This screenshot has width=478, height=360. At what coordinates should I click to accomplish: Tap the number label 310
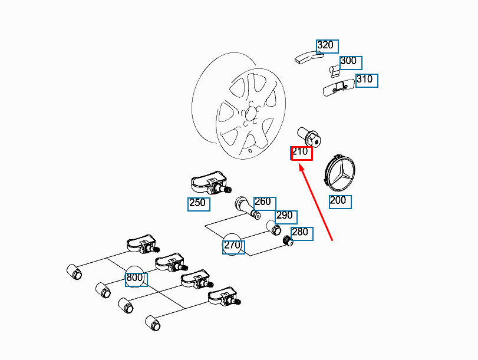(x=366, y=80)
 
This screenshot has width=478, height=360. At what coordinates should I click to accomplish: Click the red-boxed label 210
(x=301, y=153)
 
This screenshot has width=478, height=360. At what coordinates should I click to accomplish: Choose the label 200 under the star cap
(x=339, y=201)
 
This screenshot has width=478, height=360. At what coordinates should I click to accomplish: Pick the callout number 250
(x=197, y=204)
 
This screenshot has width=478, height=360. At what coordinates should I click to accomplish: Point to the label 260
(x=263, y=202)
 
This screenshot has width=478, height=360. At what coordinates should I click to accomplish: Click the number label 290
(x=286, y=216)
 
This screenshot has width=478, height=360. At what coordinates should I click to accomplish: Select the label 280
(x=301, y=233)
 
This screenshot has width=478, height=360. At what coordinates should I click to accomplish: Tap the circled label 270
(x=233, y=245)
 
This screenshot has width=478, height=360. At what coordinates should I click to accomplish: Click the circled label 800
(x=135, y=278)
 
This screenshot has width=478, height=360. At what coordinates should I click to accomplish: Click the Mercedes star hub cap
(x=340, y=173)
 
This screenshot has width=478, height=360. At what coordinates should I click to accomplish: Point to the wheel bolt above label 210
(x=309, y=136)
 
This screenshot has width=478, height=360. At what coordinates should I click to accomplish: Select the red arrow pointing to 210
(x=317, y=203)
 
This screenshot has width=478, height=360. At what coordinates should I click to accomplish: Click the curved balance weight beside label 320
(x=307, y=57)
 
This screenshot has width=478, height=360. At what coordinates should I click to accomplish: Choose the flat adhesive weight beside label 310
(x=338, y=87)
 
